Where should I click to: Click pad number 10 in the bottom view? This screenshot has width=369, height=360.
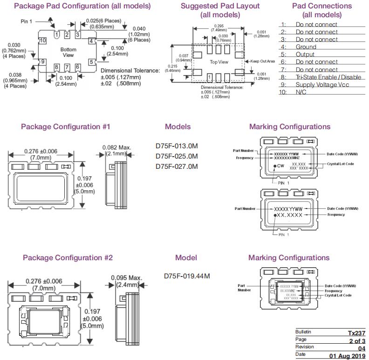point(42,41)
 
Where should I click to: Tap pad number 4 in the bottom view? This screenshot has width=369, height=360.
point(91,41)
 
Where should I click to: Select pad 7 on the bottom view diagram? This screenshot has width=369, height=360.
point(67,67)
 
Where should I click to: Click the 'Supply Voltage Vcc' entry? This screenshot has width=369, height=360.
point(322,84)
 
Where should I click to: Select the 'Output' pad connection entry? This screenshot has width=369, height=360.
point(305,54)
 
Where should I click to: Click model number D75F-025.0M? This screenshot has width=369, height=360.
point(177,156)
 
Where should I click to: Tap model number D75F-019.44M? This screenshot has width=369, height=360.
point(187,276)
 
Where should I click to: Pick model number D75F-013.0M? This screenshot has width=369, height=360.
point(177,145)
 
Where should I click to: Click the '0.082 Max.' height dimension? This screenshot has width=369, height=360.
point(117,147)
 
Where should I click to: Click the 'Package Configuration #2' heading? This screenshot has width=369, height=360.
point(68,257)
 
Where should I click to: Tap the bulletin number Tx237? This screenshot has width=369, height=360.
point(356,333)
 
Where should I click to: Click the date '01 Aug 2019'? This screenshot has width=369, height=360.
point(348,356)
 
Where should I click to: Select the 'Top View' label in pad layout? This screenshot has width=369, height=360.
point(219,62)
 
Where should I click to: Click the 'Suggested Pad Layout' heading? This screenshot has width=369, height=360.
point(213,6)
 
